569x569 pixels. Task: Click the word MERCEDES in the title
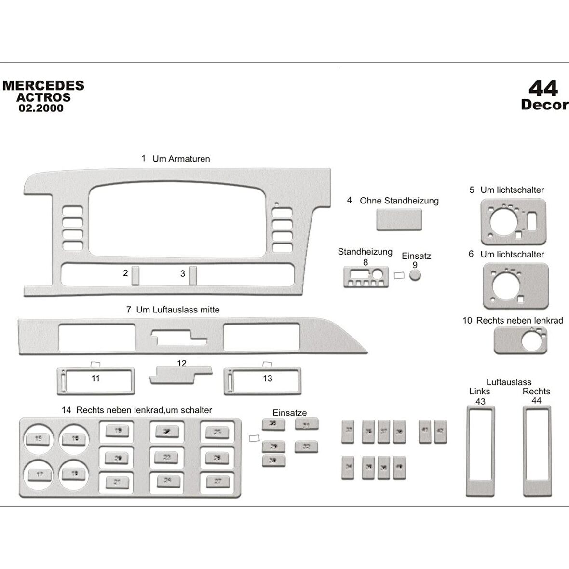(x=43, y=86)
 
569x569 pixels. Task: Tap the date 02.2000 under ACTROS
(x=41, y=108)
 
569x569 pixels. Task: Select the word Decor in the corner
(x=544, y=105)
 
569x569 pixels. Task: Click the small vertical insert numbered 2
(x=135, y=275)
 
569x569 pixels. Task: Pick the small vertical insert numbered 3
(x=193, y=275)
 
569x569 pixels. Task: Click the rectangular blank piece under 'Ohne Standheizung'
(x=399, y=219)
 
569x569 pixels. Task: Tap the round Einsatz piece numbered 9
(x=415, y=275)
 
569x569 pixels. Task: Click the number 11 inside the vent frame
(x=95, y=379)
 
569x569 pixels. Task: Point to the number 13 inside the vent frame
(x=268, y=379)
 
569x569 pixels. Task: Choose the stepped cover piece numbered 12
(x=180, y=375)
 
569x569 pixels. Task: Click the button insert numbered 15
(x=39, y=438)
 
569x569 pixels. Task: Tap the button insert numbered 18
(x=75, y=474)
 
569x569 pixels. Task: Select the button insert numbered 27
(x=217, y=481)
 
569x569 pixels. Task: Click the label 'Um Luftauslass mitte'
(x=177, y=310)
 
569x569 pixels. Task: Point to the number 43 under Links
(x=480, y=401)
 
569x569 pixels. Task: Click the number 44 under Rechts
(x=536, y=400)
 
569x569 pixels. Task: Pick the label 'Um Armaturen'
(x=181, y=159)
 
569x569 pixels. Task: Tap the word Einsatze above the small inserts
(x=289, y=413)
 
